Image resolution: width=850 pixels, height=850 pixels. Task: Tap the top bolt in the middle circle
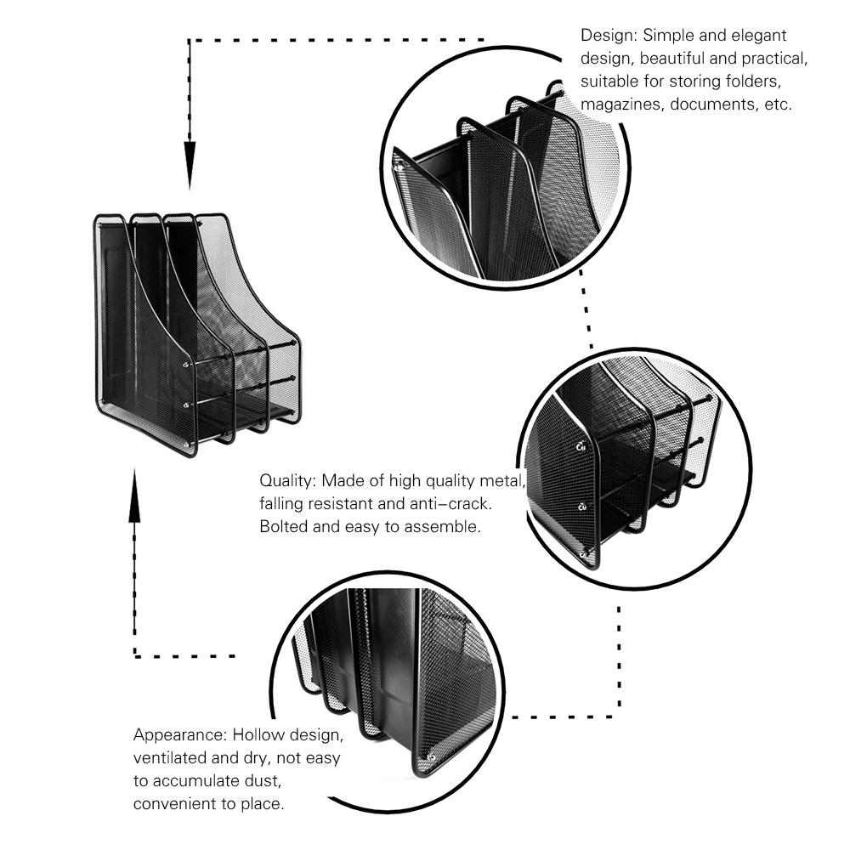point(582,444)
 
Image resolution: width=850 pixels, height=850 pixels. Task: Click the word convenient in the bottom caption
point(175,802)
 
